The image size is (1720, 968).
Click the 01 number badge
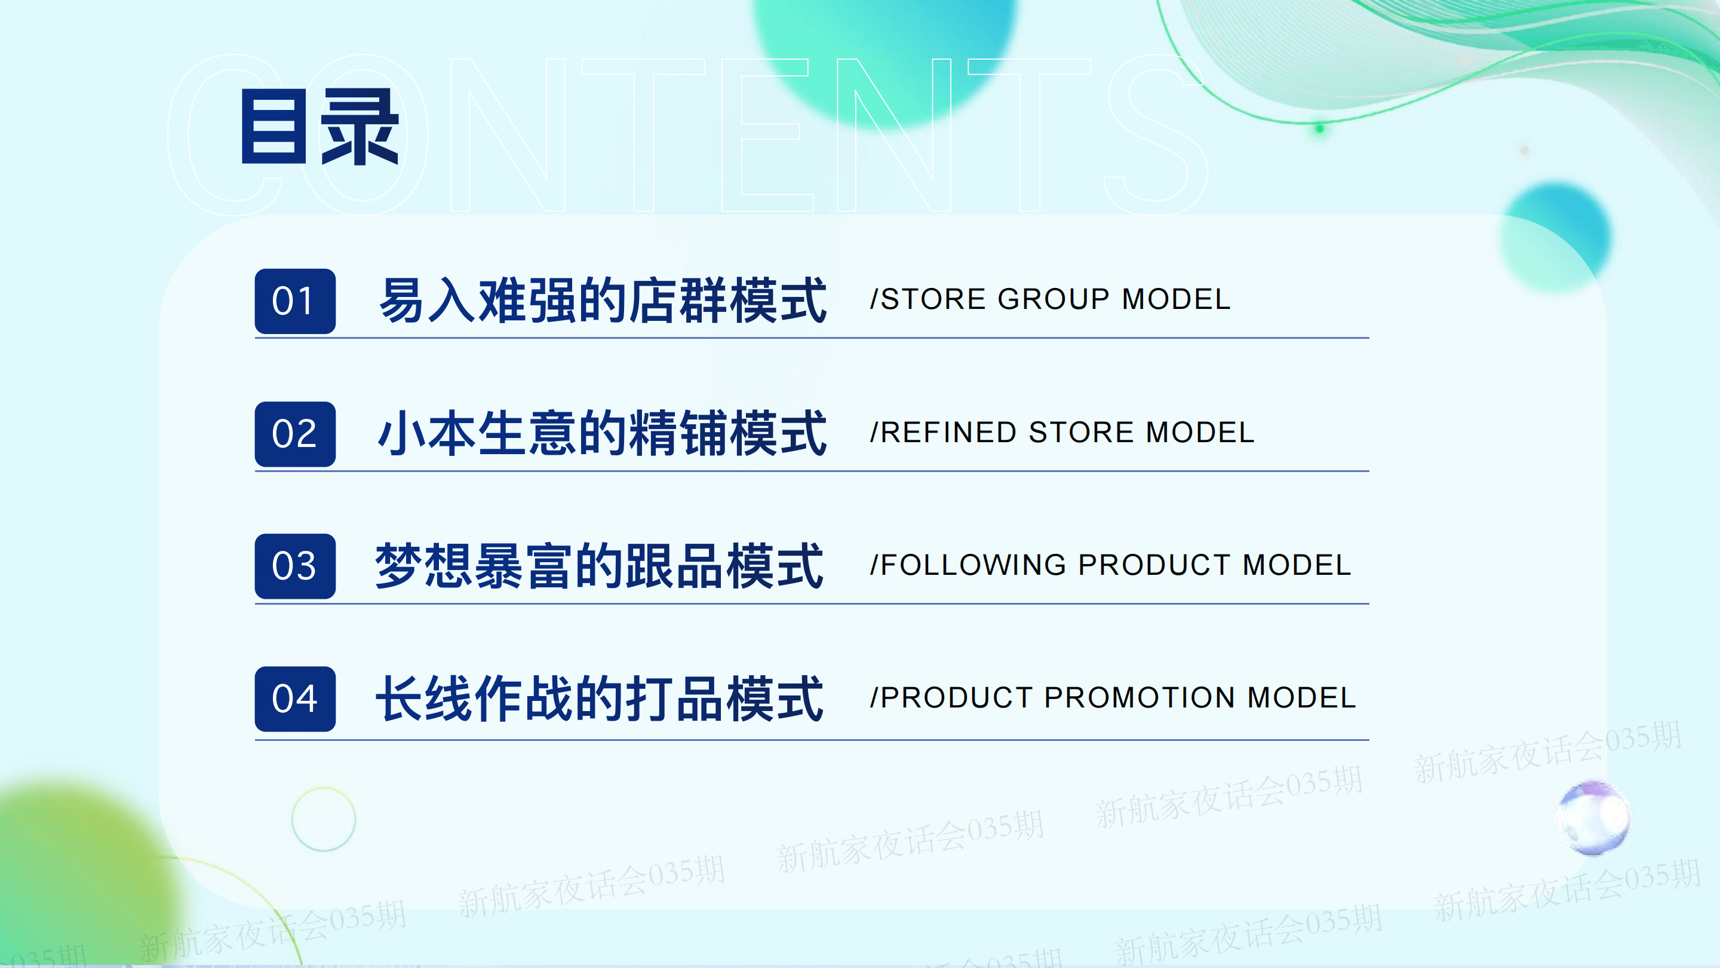(294, 301)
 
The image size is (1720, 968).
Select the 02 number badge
(294, 434)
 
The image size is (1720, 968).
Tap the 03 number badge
(294, 566)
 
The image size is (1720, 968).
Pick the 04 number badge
(294, 699)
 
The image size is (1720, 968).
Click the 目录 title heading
(320, 126)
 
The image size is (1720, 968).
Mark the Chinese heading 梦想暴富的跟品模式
(600, 566)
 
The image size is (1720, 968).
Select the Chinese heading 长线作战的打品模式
(600, 699)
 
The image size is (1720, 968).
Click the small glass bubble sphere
(1593, 817)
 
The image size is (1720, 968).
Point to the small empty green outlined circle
(324, 787)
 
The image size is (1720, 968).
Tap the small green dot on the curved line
(1319, 128)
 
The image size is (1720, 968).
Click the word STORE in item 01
(933, 299)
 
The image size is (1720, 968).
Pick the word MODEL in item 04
(1301, 698)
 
